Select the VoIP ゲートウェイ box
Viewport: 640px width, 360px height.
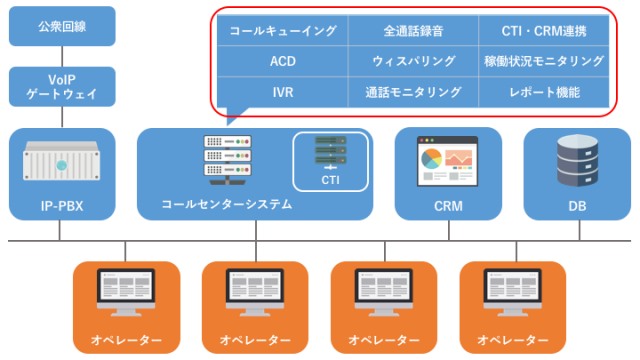pos(61,86)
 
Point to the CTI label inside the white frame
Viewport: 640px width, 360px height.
pos(331,181)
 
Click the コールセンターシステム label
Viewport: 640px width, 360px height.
pos(226,204)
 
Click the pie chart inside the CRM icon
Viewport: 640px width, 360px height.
pos(431,159)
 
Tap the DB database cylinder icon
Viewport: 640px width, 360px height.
pos(577,160)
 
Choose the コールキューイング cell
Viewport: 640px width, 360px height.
pos(283,31)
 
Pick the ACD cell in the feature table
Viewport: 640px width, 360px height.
pos(283,61)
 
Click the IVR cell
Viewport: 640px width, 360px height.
pos(283,91)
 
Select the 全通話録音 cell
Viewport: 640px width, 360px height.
pos(414,31)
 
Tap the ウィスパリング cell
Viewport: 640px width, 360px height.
pos(414,61)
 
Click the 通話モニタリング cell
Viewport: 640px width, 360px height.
pos(414,91)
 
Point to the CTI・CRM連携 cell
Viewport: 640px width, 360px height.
pos(544,31)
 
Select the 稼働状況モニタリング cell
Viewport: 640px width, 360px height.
pos(544,61)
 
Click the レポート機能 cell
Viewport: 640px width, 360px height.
pos(544,91)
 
